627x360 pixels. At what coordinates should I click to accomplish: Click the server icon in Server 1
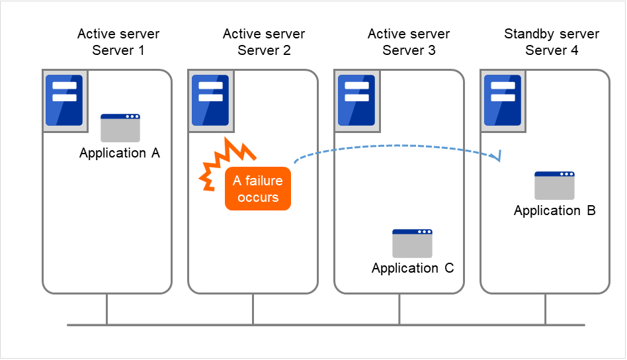[65, 100]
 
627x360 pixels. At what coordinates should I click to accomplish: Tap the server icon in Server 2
[210, 100]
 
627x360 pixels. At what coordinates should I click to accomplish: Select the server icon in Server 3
[356, 100]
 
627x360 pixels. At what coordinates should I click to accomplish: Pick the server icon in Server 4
[503, 100]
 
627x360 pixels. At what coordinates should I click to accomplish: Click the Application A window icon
[120, 128]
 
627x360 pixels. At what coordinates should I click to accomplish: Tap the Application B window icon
[554, 185]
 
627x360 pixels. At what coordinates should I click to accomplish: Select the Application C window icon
[412, 243]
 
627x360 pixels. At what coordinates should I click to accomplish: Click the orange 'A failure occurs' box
[258, 189]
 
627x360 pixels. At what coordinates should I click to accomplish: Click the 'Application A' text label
[120, 154]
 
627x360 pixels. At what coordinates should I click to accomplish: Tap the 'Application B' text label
[554, 211]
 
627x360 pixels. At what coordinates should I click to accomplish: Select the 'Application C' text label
[413, 269]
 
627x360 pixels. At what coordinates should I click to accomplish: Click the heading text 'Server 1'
[118, 50]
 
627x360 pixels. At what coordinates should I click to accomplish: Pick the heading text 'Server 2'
[264, 50]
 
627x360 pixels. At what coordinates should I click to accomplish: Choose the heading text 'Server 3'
[409, 50]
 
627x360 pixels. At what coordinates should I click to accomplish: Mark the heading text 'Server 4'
[552, 50]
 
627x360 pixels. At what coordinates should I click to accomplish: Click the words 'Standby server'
[552, 34]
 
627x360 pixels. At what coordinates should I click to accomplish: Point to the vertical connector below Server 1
[107, 309]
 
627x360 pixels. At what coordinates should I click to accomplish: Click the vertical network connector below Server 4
[546, 309]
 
